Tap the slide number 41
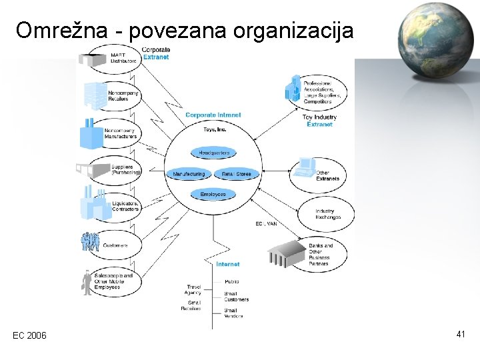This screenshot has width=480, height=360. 461,333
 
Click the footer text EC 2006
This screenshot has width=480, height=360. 30,335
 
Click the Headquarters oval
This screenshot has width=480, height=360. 214,153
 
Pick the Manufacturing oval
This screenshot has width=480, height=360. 189,174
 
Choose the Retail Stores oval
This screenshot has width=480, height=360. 237,174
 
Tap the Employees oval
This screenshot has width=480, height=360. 213,194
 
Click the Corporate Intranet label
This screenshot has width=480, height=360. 213,115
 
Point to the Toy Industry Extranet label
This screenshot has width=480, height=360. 319,120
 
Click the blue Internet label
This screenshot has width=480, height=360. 228,264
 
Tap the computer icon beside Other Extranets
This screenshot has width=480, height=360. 305,166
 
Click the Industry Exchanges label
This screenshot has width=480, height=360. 328,214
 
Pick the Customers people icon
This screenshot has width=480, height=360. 90,242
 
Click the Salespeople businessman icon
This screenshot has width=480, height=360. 87,283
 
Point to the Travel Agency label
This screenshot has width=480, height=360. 194,290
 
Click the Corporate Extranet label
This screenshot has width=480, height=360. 156,53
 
